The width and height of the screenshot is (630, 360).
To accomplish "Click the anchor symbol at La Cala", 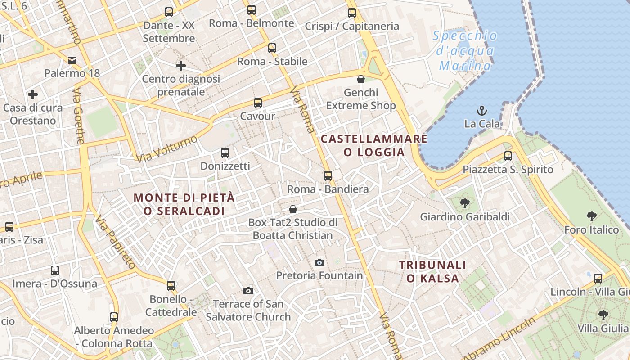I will coord(482,110).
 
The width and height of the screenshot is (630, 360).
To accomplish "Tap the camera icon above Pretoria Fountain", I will coord(319,262).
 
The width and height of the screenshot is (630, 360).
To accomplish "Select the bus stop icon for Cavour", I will coord(257,103).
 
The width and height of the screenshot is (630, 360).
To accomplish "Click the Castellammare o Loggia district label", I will coord(374,145).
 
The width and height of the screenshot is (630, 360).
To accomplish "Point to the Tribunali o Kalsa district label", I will coord(432,271).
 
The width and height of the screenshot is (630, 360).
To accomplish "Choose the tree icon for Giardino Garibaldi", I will coord(464,203).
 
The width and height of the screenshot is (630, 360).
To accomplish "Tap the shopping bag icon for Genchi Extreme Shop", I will coord(360,80).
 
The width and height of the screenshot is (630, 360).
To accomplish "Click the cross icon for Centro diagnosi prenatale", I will coord(180,66).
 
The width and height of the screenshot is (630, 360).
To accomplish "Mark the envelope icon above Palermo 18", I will coord(72,60).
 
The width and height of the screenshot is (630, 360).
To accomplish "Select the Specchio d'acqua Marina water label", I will coord(465,51).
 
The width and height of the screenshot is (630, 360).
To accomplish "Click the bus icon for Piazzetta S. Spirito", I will coord(508,156).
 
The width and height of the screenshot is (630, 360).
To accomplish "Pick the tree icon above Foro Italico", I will coord(591,216).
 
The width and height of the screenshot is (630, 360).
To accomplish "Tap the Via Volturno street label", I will coord(166,149).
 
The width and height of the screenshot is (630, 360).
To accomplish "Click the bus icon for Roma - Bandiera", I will coord(328,175).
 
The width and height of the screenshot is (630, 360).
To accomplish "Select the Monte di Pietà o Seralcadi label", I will coord(184,204).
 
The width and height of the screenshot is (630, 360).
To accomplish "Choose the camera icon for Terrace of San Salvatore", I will coord(248,291).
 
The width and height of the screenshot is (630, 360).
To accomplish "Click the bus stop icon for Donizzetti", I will coord(225,153).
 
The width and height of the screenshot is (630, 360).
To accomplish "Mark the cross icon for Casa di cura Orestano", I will coord(32,94).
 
